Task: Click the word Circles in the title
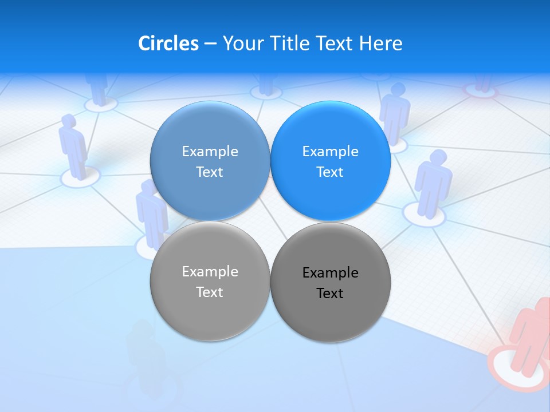168,43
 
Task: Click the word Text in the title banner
335,43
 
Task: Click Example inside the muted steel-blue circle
210,152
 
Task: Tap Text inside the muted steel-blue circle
210,172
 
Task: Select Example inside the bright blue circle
330,152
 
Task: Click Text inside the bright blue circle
330,172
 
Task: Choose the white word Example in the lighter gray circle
210,272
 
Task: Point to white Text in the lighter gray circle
210,292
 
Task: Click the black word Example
330,273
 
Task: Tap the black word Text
330,294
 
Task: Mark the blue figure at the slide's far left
73,146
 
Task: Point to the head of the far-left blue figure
68,120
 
